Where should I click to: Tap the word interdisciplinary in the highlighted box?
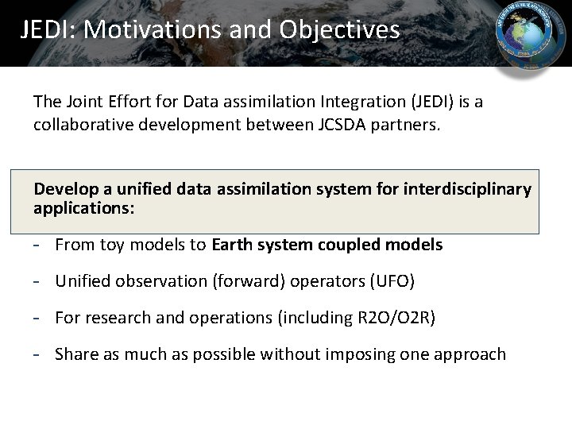468,189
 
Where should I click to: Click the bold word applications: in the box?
84,208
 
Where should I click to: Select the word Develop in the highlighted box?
67,189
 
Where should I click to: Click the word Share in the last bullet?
75,354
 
